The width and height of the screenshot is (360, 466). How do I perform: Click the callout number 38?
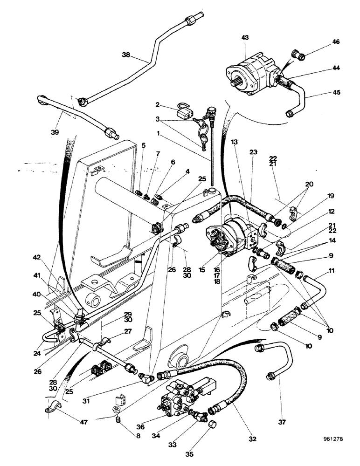(125, 54)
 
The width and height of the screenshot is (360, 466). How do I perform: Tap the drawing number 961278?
(335, 439)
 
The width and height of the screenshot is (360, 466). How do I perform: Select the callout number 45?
(336, 93)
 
